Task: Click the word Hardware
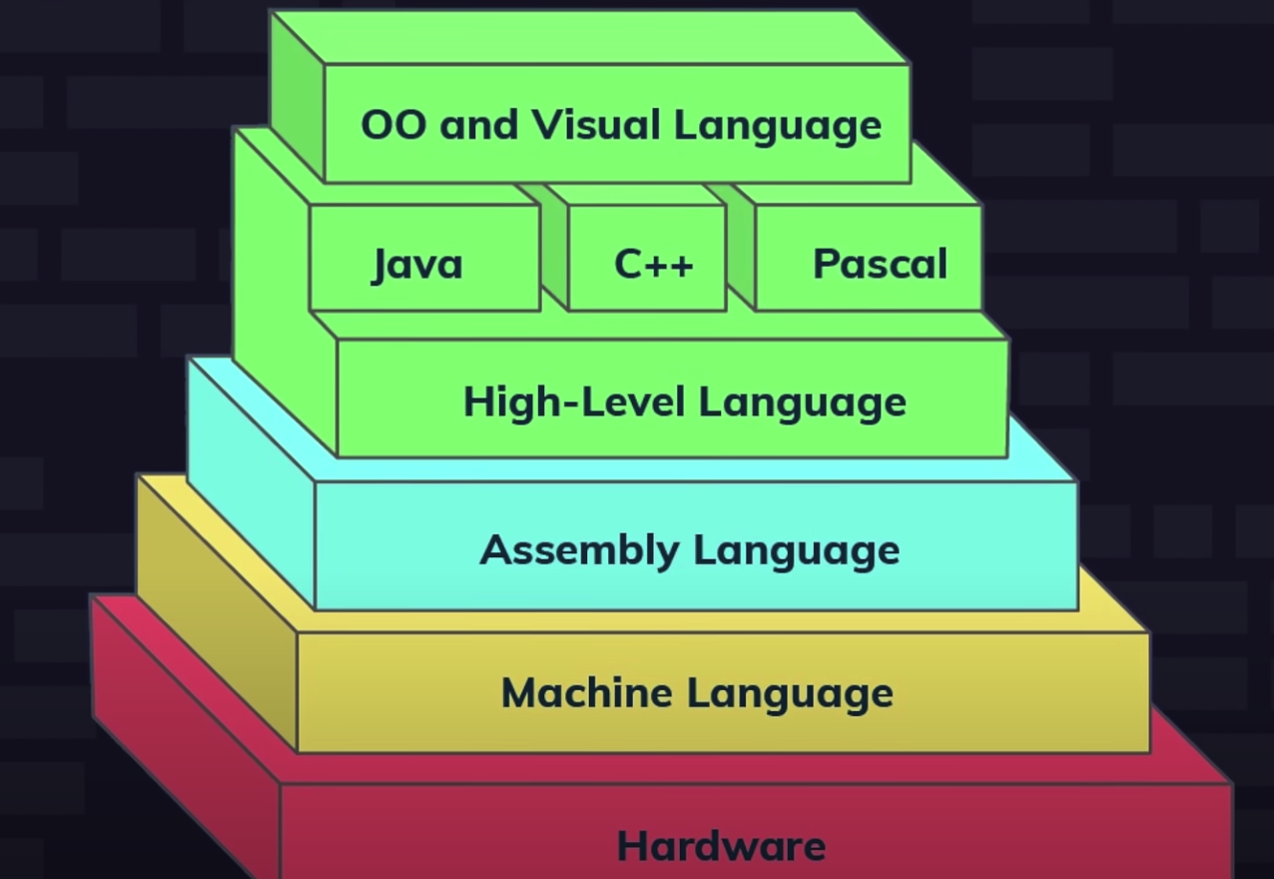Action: (721, 846)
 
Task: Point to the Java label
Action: (417, 265)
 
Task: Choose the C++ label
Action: (654, 265)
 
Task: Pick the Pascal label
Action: (880, 265)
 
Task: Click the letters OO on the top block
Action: (393, 126)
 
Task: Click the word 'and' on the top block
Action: (478, 126)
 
